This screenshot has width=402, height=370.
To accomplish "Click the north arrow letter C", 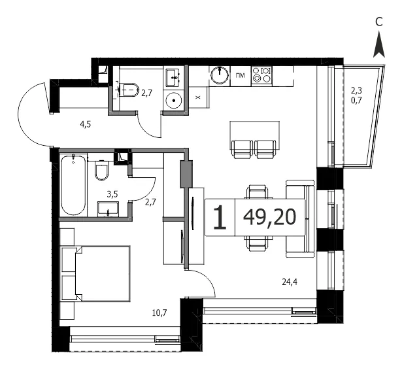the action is pos(379,22).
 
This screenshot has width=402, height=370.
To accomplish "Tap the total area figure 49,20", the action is pos(270,217).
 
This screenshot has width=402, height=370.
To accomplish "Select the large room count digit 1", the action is pos(220,218).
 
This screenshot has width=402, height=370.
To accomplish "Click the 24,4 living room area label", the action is pos(290,282).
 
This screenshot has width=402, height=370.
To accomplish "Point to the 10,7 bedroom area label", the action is pos(159,312).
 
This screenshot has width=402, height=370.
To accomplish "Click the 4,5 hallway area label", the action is pos(86,125).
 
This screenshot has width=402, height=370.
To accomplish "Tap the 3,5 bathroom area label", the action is pos(112,194).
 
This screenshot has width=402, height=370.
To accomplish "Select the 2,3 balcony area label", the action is pos(356,90).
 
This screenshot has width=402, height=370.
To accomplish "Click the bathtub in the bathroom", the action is pos(74,185).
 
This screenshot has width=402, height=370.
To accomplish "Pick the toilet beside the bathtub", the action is pos(102,170).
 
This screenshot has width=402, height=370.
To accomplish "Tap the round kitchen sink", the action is pos(220,75).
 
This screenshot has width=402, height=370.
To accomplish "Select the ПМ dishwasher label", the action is pos(241,75).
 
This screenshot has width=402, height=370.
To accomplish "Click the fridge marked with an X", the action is pos(197,97).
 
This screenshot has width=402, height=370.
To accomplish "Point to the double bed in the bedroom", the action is pos(95,274).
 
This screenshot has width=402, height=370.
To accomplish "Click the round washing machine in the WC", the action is pos(174,100).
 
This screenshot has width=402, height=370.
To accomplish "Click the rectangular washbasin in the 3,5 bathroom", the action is pos(108,209).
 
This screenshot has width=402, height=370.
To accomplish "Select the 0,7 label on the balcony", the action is pos(356,100).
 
